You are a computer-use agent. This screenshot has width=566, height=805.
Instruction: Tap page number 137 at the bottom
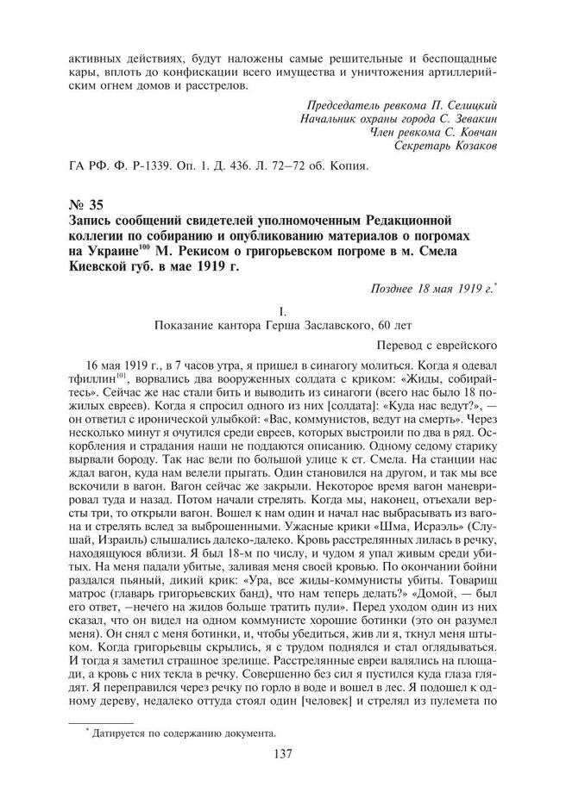tap(284, 778)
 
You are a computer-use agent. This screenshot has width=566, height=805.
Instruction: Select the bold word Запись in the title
tap(91, 222)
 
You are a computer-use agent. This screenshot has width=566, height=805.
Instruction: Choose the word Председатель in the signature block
tap(330, 105)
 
